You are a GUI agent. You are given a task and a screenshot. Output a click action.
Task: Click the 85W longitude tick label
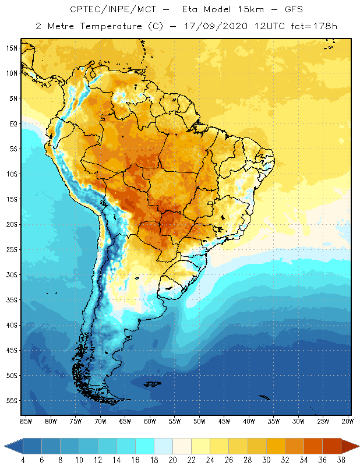[26, 421]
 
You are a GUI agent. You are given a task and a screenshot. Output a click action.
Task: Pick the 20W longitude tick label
[347, 421]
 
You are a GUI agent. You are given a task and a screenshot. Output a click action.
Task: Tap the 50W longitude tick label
[199, 421]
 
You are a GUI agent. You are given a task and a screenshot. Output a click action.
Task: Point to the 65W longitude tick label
[125, 421]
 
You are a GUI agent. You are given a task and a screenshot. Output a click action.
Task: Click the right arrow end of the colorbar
[350, 446]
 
